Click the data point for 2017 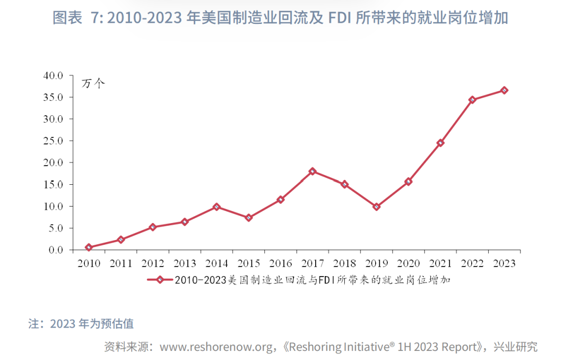coord(312,171)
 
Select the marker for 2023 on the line coord(504,90)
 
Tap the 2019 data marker coord(376,207)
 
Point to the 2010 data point coord(89,247)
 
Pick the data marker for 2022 coord(472,100)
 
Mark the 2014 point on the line coord(216,207)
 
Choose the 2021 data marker coord(440,143)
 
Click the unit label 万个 coord(93,83)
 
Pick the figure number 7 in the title coord(96,18)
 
